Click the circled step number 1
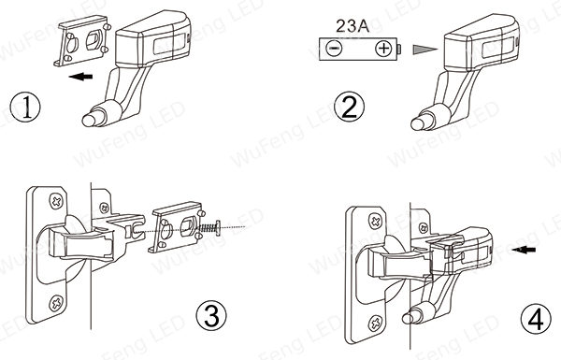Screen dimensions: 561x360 [25, 107]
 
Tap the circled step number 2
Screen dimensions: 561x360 [349, 107]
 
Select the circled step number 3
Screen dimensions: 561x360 [211, 315]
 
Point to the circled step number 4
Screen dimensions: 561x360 [536, 319]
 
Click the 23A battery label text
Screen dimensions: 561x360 [352, 26]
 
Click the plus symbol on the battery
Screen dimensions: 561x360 [383, 49]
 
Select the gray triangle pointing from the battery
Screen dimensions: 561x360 [424, 49]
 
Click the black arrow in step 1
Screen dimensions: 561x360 [80, 77]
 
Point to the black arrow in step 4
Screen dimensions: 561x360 [524, 249]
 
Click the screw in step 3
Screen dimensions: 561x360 [209, 227]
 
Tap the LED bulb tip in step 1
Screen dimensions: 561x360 [89, 120]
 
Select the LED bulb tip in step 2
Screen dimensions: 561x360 [418, 123]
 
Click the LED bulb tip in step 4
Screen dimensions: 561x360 [409, 317]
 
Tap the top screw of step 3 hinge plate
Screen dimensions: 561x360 [56, 201]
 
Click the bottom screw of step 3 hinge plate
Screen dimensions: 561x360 [56, 303]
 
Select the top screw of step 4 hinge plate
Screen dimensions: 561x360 [376, 222]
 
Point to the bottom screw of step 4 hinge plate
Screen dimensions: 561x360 [376, 324]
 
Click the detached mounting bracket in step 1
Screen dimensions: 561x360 [82, 41]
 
